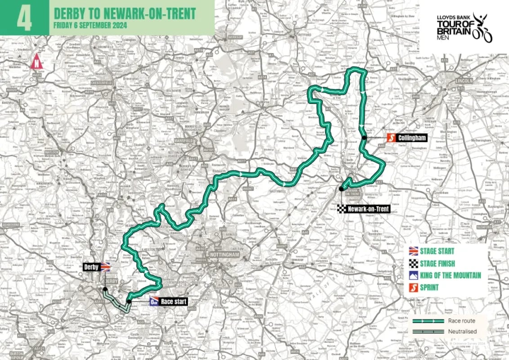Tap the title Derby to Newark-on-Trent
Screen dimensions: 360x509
click(x=125, y=13)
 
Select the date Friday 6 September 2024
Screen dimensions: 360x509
click(x=90, y=25)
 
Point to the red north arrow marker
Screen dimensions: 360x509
click(x=36, y=61)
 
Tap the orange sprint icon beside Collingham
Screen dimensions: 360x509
click(x=391, y=138)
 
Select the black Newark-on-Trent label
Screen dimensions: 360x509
click(x=368, y=209)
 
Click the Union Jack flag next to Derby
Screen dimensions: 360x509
click(x=105, y=266)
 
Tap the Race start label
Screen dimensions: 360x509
click(x=175, y=301)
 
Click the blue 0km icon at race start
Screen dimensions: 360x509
click(x=154, y=301)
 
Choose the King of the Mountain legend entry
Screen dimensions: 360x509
click(x=451, y=275)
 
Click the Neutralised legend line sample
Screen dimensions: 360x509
click(x=427, y=332)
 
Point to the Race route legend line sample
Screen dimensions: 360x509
click(x=427, y=321)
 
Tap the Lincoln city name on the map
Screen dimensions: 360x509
click(x=464, y=81)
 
